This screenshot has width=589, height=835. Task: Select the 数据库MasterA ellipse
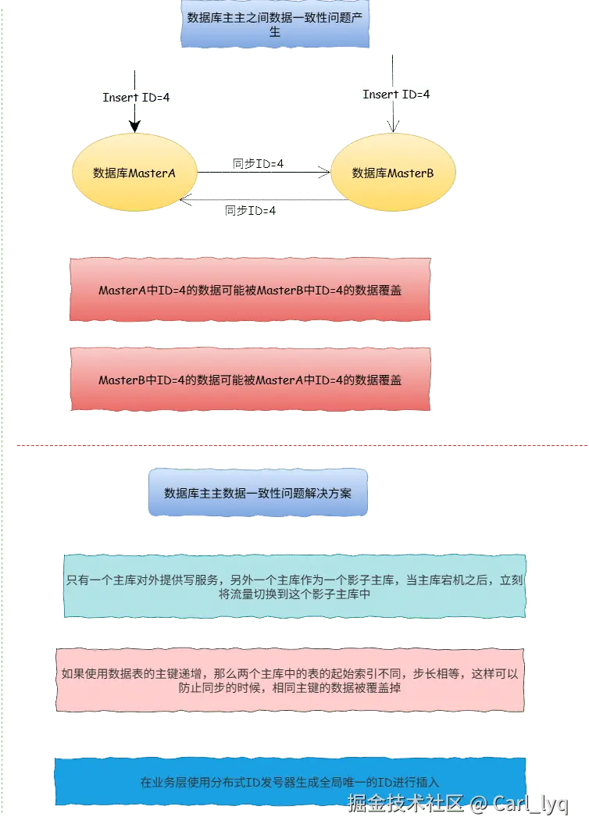134,173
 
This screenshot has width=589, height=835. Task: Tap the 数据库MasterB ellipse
393,173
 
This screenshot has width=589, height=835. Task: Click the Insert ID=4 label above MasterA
137,98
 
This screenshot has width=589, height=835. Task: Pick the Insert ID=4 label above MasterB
397,95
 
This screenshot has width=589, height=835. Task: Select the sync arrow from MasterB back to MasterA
262,202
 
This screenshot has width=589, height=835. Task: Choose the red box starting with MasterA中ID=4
250,290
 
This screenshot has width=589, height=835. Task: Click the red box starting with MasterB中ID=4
250,380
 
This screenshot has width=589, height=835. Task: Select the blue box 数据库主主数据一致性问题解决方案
258,493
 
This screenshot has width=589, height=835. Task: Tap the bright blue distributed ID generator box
290,781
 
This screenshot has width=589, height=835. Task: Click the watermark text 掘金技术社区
406,803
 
